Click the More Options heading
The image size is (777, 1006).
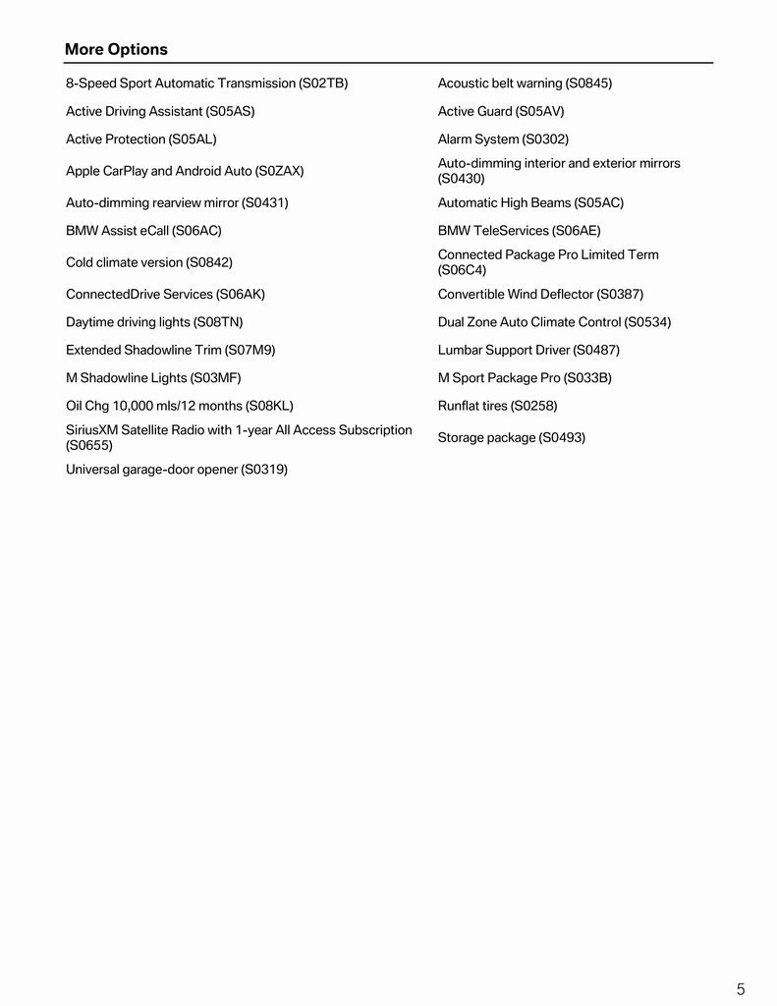116,49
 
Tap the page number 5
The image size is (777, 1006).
741,989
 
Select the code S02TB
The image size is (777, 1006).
323,84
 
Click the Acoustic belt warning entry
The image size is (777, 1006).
525,84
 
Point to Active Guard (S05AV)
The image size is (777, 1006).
501,112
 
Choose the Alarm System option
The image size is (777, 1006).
503,140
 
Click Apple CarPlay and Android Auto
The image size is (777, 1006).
185,171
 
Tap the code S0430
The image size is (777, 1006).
462,179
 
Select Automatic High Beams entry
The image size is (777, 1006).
530,203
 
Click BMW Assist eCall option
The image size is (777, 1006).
143,231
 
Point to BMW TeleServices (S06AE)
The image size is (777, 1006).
519,231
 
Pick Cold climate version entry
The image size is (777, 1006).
149,262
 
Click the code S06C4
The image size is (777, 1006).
462,270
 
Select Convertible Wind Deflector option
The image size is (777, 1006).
540,295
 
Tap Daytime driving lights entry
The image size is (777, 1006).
154,322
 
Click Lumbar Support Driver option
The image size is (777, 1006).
528,350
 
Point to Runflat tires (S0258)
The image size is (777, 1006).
497,406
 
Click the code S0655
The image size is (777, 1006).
89,445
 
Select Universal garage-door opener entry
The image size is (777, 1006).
177,470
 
